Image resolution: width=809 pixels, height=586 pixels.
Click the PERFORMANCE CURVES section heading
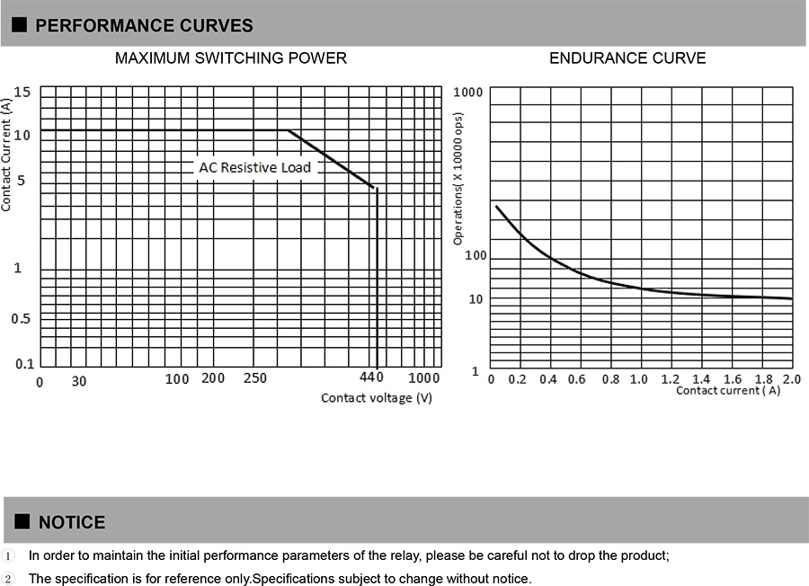(144, 25)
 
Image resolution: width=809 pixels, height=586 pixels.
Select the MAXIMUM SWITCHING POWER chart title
(231, 58)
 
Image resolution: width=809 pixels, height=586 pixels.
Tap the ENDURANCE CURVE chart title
(627, 58)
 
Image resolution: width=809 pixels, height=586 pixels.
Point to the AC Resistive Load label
(254, 167)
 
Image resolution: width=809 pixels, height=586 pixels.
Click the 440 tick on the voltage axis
(372, 377)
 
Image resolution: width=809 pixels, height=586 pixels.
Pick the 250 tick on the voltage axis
(255, 378)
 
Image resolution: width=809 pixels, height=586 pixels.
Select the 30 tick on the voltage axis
(79, 381)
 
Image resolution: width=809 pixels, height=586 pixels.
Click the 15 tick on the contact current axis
(22, 92)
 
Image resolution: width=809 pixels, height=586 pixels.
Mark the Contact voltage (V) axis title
(377, 398)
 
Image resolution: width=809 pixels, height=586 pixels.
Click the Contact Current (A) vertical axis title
(7, 155)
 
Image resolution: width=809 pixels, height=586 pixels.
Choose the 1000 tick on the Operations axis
(468, 93)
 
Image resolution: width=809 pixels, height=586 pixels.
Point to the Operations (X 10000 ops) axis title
(458, 179)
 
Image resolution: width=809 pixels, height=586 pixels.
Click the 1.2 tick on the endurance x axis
(669, 379)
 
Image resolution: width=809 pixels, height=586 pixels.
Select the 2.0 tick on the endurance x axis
(792, 379)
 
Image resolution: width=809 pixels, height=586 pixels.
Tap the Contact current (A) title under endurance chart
(727, 391)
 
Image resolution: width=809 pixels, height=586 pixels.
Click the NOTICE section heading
(72, 522)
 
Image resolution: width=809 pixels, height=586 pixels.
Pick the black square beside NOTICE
(22, 521)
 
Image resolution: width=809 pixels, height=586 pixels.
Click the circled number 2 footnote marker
(8, 579)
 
